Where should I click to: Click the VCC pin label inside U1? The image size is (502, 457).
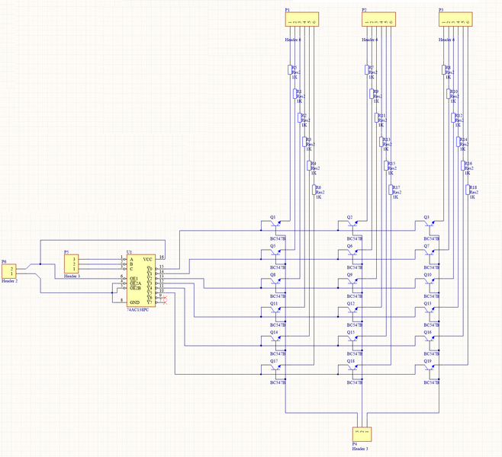[148, 260]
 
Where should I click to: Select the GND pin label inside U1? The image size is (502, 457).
[135, 302]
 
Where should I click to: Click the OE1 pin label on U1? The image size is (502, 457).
[134, 278]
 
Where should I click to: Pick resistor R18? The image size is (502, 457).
[470, 192]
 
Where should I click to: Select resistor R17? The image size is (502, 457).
[393, 192]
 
